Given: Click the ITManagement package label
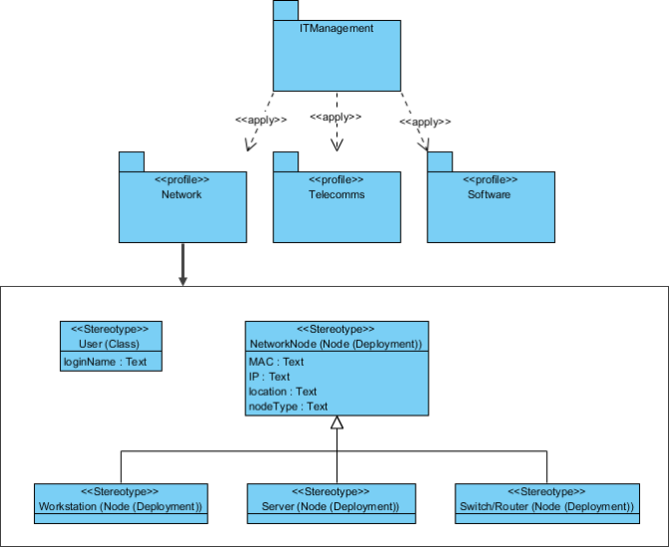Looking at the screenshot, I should point(336,29).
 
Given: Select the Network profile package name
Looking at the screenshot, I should point(181,194).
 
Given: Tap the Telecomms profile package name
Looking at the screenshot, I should point(336,194).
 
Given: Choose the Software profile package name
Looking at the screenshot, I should point(489,194).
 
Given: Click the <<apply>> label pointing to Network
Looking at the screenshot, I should point(261,121).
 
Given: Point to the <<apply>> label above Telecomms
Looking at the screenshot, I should point(336,117).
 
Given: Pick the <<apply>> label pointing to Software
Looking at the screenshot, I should point(426,122).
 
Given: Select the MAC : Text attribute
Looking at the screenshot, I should point(276,362).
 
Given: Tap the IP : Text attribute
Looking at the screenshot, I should point(269,377).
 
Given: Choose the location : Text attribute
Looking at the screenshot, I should point(282,392).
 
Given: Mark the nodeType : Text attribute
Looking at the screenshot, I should point(288,407).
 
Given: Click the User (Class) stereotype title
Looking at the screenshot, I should point(110,342).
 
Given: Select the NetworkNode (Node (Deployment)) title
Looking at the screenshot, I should point(336,344).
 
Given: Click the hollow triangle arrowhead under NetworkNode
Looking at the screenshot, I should point(337,423).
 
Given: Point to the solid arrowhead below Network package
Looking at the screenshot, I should point(182,280).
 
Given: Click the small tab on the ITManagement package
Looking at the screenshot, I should point(285,10).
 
